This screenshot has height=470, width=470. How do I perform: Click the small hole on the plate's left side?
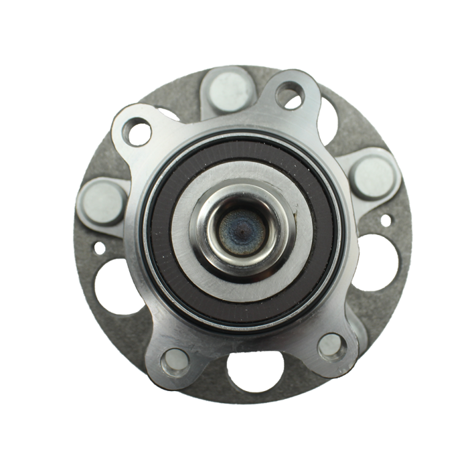tap(99, 248)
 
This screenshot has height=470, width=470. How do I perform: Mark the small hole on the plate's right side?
tap(386, 220)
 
